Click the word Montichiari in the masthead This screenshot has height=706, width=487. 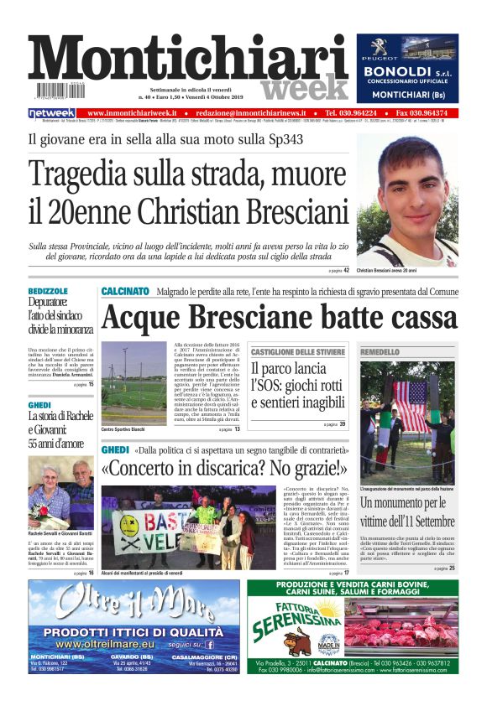coord(189,61)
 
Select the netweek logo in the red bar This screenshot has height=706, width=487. coord(52,113)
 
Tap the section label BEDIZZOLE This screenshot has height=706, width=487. coord(48,291)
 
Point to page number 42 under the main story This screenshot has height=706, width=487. coord(346,271)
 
